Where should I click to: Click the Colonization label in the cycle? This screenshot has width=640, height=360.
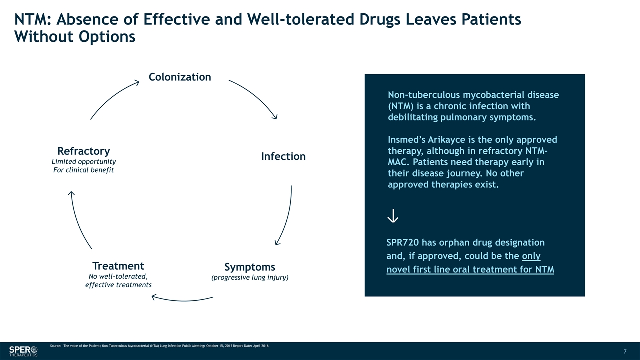pos(180,77)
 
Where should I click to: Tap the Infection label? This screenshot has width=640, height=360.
pos(283,156)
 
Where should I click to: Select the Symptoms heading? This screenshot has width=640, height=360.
pos(250,267)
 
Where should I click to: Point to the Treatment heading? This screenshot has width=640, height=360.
pos(118,265)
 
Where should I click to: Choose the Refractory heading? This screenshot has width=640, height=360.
pos(84,151)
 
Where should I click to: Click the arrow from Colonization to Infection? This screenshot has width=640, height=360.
pos(256,97)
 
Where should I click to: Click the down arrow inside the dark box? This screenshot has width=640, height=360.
pos(393,215)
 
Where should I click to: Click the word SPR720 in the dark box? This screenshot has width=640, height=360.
pos(402,243)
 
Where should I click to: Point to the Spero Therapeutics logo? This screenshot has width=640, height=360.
pos(23,351)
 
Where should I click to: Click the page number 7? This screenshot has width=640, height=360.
pos(625,351)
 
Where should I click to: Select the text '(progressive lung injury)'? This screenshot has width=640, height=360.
pos(250,277)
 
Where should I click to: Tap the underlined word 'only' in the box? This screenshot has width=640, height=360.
pos(531,256)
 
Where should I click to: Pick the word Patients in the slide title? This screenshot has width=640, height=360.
pos(490,20)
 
